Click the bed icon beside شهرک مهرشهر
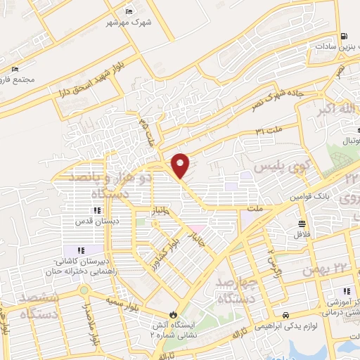coord(128,11)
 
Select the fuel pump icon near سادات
coord(342,37)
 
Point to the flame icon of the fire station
coord(173,314)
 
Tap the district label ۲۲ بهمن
coord(322,269)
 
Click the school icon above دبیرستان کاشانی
coord(80,250)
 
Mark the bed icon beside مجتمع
coord(14,71)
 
